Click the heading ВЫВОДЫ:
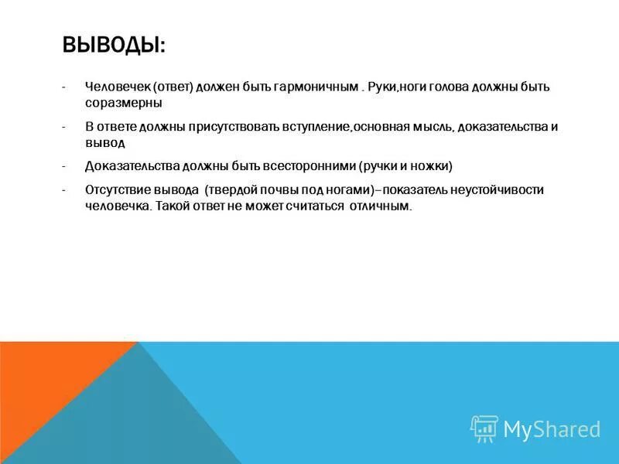click(114, 44)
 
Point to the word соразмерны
click(123, 102)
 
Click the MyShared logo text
click(552, 429)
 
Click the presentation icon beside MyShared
click(484, 428)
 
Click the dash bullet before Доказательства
click(67, 165)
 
